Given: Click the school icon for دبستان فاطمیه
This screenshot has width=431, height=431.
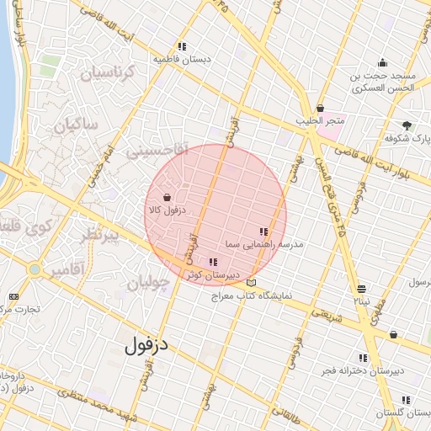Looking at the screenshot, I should click(182, 46).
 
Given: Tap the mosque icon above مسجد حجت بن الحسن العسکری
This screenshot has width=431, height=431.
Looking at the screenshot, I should click(383, 61).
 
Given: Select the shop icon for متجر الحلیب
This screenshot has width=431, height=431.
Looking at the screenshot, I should click(320, 108).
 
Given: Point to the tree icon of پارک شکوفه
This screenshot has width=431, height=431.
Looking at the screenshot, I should click(408, 125).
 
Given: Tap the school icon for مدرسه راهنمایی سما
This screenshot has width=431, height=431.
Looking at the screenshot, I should click(263, 231).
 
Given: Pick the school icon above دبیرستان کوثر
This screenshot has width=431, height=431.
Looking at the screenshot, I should click(212, 262).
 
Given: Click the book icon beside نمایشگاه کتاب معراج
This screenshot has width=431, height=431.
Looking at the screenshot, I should click(251, 283).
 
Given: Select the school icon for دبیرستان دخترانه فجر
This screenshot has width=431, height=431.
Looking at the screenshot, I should click(363, 357).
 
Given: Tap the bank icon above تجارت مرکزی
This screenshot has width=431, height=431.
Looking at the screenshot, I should click(13, 296).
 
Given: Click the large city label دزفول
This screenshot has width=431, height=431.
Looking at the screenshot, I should click(149, 344).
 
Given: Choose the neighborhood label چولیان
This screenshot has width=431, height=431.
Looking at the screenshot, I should click(154, 283).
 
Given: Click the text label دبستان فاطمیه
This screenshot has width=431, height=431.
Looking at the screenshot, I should click(182, 60).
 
